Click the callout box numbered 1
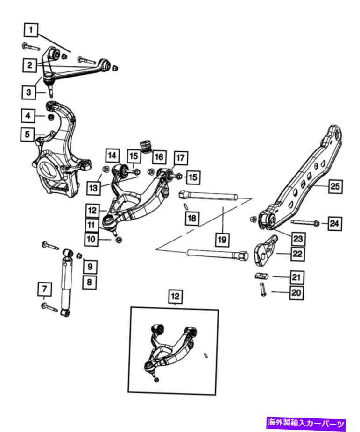click(31, 30)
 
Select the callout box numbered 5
click(27, 135)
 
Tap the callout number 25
click(335, 186)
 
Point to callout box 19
click(222, 240)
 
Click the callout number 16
click(159, 157)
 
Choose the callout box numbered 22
click(297, 254)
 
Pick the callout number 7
click(45, 289)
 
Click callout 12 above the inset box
click(175, 297)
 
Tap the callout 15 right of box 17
click(193, 177)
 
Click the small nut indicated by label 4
click(51, 117)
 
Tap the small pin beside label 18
click(186, 205)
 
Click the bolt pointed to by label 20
click(263, 289)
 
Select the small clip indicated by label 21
click(261, 275)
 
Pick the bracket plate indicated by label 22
click(265, 251)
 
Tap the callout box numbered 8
click(90, 282)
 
